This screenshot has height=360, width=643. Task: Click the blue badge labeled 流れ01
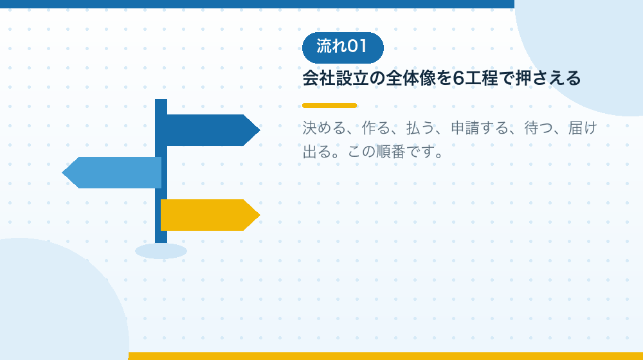click(x=343, y=48)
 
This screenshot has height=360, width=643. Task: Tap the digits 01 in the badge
click(x=357, y=46)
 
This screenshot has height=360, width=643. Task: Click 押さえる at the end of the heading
click(x=548, y=78)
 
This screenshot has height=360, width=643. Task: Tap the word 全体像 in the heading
click(x=410, y=78)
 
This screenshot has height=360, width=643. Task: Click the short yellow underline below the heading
click(x=330, y=105)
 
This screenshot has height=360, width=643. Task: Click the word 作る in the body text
click(x=376, y=129)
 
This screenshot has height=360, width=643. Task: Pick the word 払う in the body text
click(x=421, y=129)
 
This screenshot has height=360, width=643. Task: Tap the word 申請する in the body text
click(x=480, y=129)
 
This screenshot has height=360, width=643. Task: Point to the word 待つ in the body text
click(x=538, y=129)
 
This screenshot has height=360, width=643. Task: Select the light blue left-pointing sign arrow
click(x=111, y=173)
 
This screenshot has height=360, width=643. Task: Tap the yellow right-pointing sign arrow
click(x=210, y=215)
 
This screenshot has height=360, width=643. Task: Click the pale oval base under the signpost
click(x=161, y=251)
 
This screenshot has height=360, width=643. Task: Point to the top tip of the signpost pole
click(x=161, y=100)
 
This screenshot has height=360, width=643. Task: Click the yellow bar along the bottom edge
click(x=385, y=356)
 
